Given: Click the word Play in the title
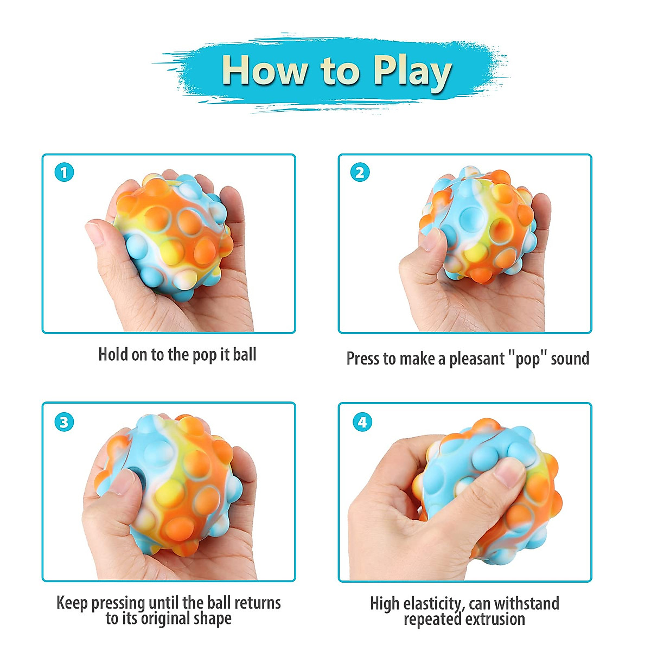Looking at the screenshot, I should coord(412,71).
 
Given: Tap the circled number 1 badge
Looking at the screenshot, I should coord(64,173).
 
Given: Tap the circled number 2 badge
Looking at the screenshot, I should coord(360,173).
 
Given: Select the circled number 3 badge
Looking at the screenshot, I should coord(64,422).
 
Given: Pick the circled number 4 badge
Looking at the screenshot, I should coord(362,422).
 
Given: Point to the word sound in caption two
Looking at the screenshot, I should coord(570,359).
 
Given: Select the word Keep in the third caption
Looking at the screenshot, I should coord(72,603).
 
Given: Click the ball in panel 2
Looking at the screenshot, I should coord(477,225).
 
